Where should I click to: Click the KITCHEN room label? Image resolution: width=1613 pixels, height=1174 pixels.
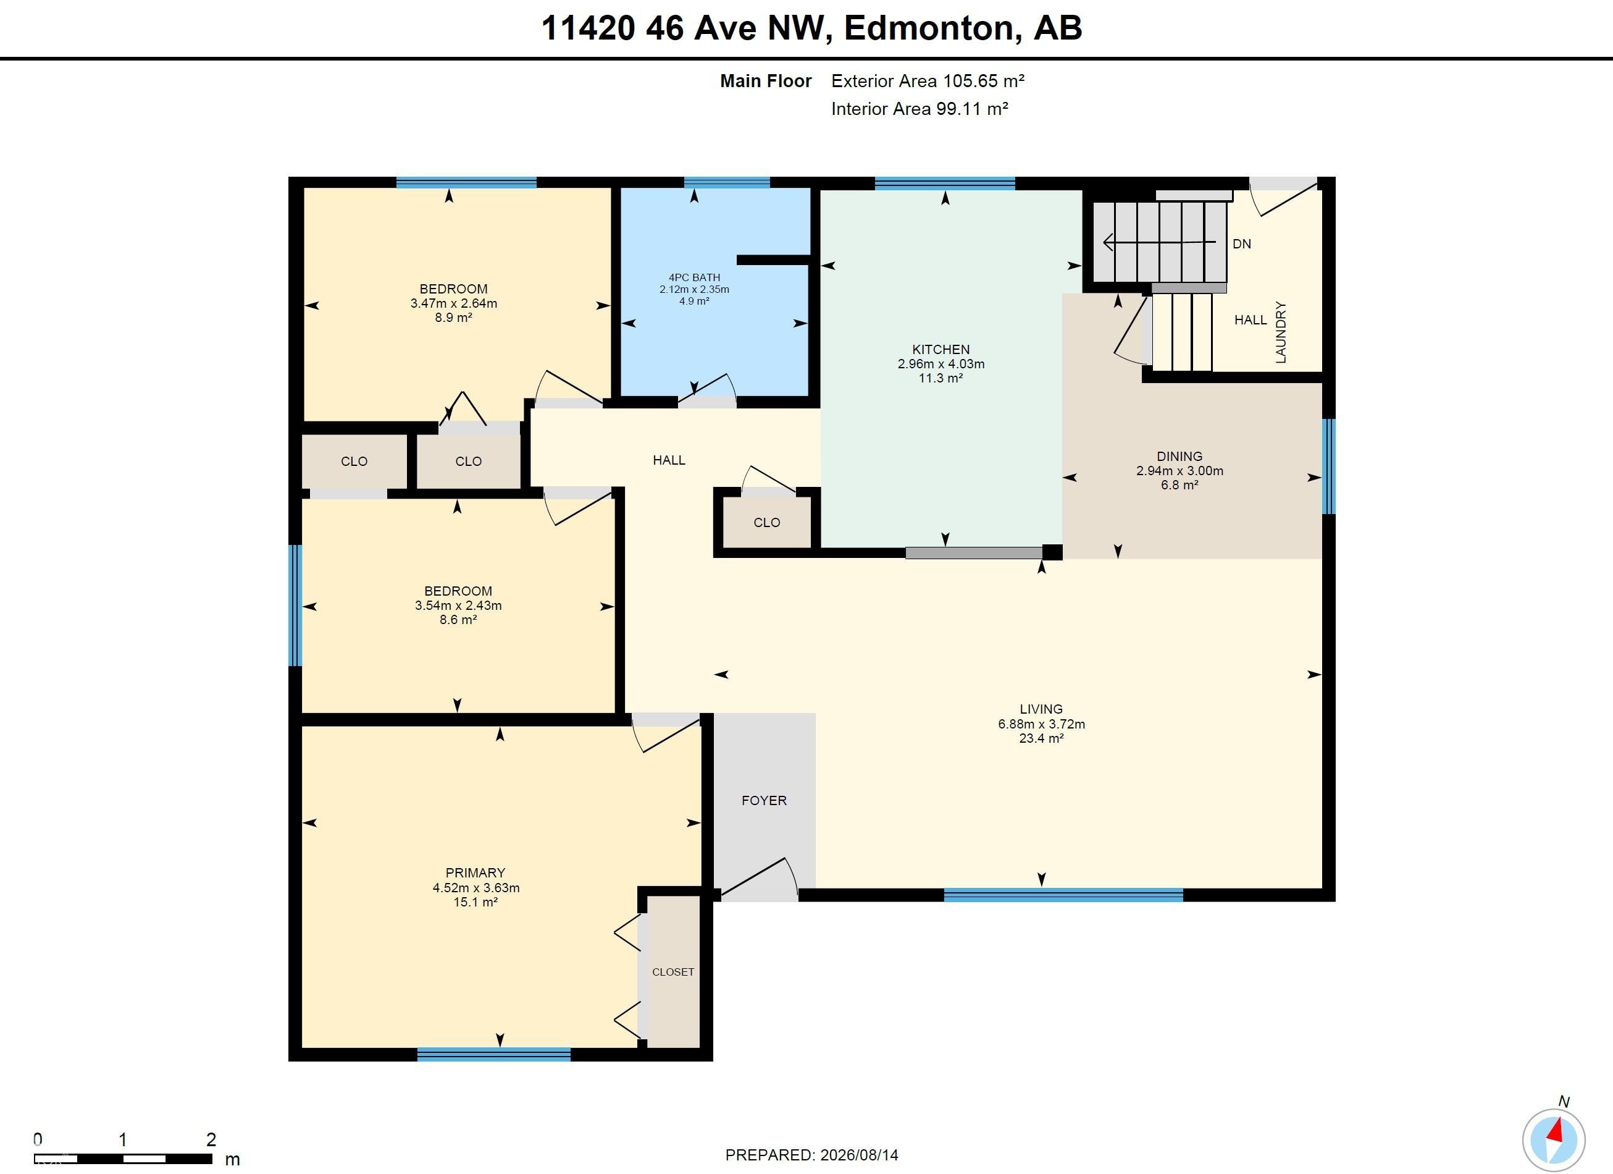click(941, 349)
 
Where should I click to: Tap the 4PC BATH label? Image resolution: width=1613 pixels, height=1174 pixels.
click(694, 277)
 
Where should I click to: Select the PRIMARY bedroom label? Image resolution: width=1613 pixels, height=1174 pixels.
click(475, 873)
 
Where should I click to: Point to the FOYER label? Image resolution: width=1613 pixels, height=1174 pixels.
click(764, 800)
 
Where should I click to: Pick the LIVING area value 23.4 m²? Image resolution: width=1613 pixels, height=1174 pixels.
click(1041, 738)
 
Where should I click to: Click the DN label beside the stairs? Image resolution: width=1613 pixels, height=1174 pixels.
click(1242, 244)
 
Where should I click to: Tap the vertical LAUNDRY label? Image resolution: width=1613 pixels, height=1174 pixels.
click(1281, 332)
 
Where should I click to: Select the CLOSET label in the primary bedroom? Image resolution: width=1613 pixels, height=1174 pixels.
click(672, 972)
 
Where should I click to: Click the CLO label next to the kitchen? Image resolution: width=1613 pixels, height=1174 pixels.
click(767, 522)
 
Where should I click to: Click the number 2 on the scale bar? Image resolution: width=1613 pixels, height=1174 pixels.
click(211, 1139)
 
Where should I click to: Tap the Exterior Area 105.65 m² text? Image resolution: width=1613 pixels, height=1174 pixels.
click(928, 81)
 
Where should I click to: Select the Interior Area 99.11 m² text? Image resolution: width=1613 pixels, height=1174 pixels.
click(920, 109)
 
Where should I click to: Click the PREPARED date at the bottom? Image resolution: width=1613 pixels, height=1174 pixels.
click(811, 1155)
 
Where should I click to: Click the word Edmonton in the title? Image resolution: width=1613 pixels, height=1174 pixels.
click(929, 28)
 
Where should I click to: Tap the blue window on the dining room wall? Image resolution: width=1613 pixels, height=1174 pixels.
click(1328, 466)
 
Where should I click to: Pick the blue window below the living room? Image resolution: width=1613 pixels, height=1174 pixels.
click(1063, 895)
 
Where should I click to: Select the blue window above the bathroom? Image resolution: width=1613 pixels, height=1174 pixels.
click(727, 183)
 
